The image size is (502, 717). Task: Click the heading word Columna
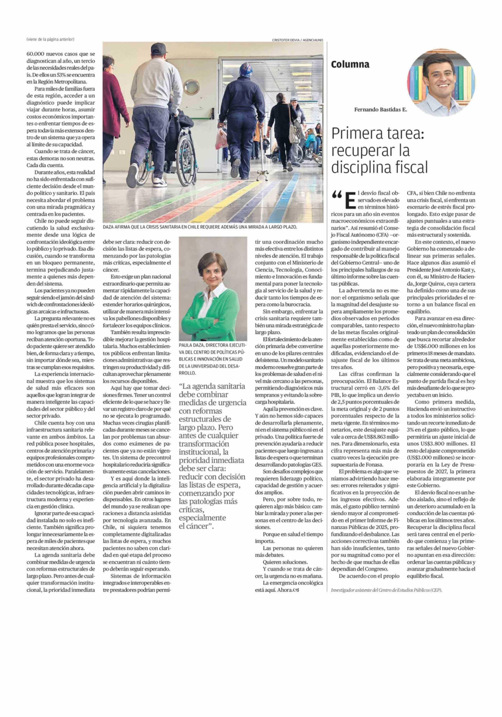tap(350, 65)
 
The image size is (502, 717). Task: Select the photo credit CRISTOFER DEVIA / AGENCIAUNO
tap(297, 40)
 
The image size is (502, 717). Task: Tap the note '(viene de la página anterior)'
tap(50, 39)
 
